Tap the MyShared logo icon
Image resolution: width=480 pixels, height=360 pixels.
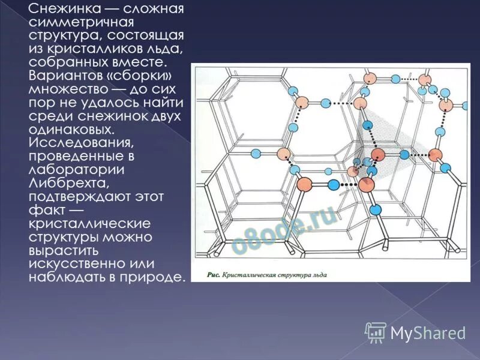tap(376, 331)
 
